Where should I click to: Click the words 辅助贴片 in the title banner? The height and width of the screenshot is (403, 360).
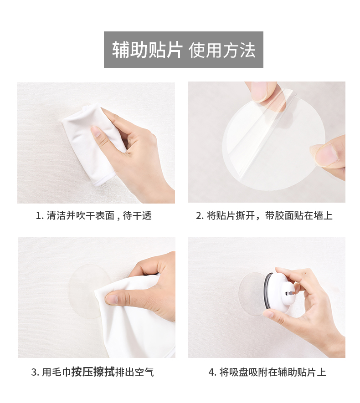pyautogui.click(x=147, y=50)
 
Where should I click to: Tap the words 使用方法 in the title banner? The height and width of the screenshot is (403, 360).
pyautogui.click(x=222, y=50)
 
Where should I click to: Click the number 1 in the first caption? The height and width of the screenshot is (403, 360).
pyautogui.click(x=38, y=216)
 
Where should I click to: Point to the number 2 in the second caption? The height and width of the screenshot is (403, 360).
pyautogui.click(x=199, y=216)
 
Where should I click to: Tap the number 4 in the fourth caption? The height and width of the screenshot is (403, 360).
pyautogui.click(x=211, y=372)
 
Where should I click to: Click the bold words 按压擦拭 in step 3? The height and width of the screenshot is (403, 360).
pyautogui.click(x=93, y=372)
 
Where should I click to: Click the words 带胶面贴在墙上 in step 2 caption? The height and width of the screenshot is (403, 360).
pyautogui.click(x=299, y=216)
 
